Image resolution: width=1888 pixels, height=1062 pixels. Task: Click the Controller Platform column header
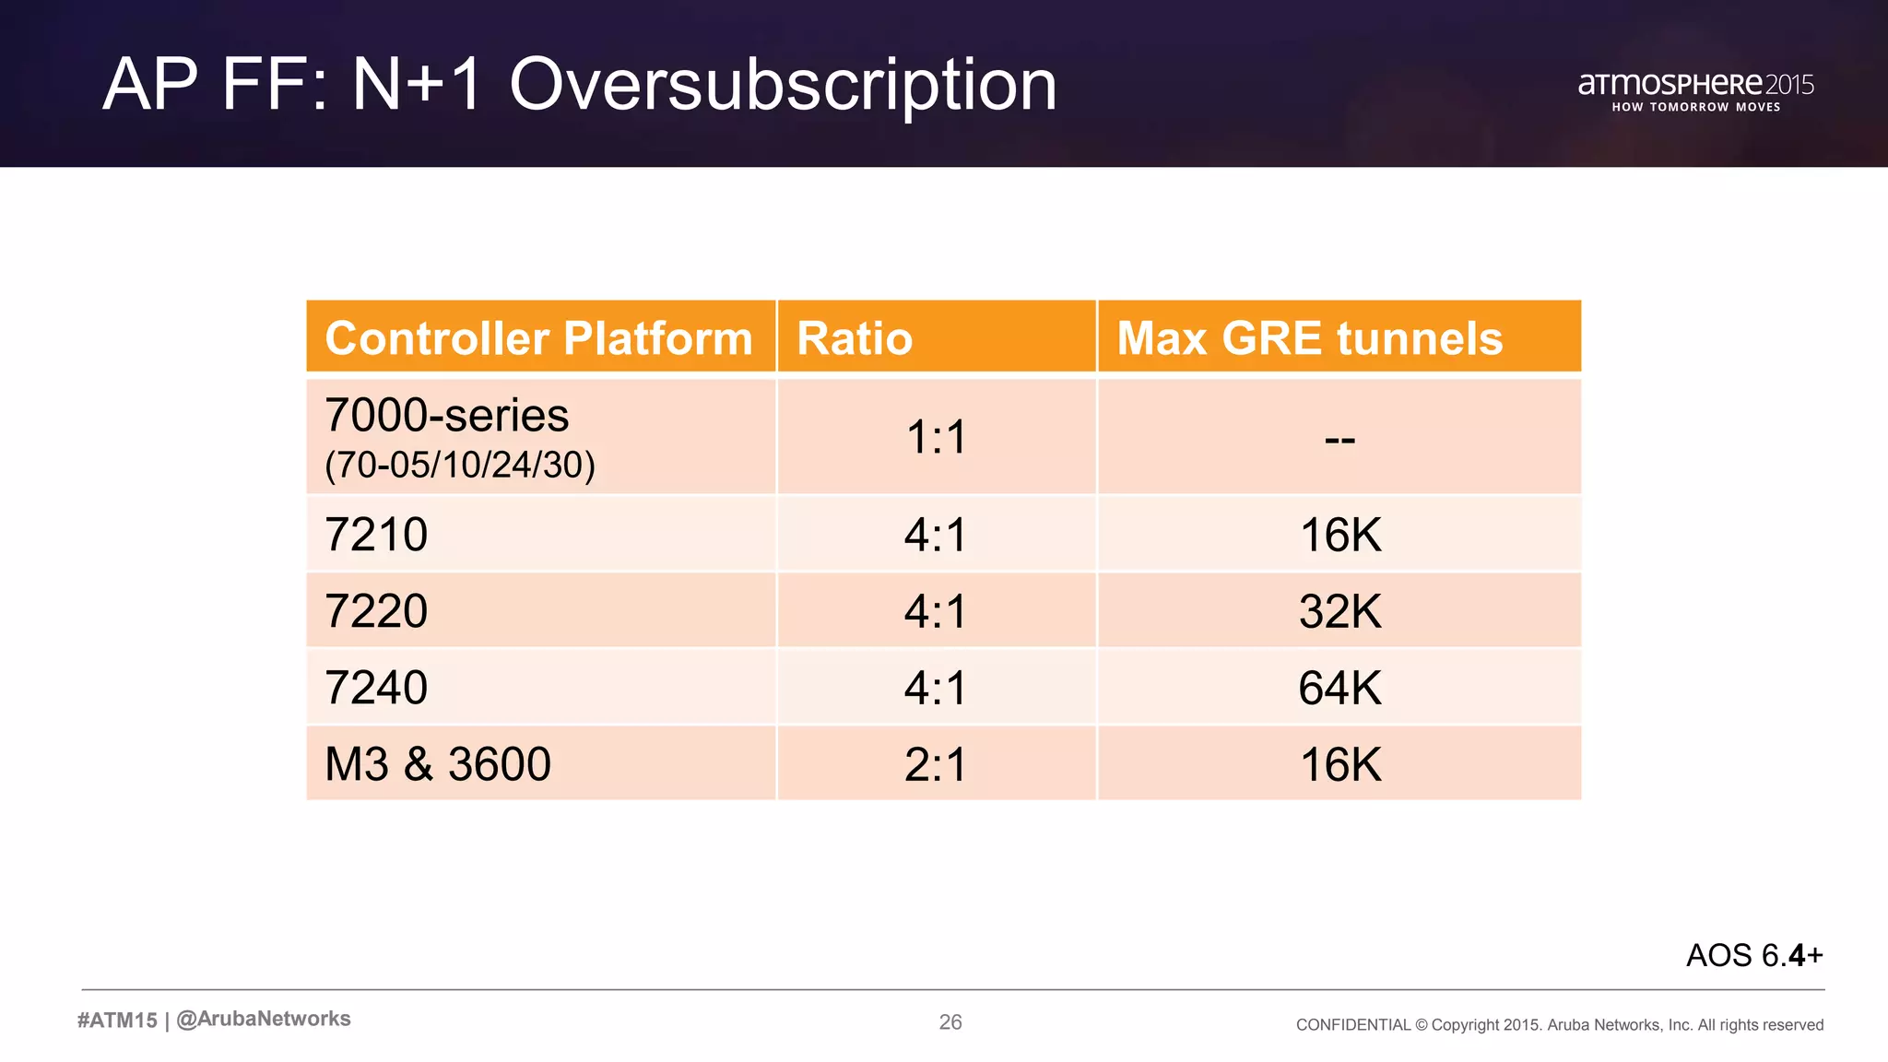(539, 338)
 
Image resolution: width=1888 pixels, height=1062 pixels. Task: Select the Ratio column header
(855, 338)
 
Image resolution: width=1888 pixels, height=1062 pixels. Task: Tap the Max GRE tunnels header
(1309, 338)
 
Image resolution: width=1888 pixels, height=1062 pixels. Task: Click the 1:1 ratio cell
(936, 437)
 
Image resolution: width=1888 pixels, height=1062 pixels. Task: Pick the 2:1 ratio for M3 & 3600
(936, 764)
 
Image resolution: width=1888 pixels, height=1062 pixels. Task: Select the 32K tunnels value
(1339, 611)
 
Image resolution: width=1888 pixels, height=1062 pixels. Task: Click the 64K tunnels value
(1339, 688)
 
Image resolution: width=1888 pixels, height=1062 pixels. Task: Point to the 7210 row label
(376, 535)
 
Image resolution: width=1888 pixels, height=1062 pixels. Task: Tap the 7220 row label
(376, 611)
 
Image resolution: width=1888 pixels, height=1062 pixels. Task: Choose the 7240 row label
(376, 688)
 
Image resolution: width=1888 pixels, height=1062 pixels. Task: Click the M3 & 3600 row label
(438, 764)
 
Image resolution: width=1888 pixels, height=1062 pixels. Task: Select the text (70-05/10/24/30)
(460, 465)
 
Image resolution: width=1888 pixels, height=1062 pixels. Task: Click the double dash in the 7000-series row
(1339, 440)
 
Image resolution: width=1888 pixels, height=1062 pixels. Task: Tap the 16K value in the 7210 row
(1339, 535)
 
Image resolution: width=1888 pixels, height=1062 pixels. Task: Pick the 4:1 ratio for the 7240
(936, 688)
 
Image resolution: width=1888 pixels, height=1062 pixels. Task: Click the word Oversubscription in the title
(783, 85)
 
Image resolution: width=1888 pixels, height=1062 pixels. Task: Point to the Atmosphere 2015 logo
(1695, 90)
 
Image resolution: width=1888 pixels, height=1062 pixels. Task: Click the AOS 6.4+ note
(1754, 955)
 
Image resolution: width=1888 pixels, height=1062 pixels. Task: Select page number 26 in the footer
(950, 1022)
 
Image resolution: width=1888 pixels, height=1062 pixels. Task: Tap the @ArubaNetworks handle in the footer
(263, 1019)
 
